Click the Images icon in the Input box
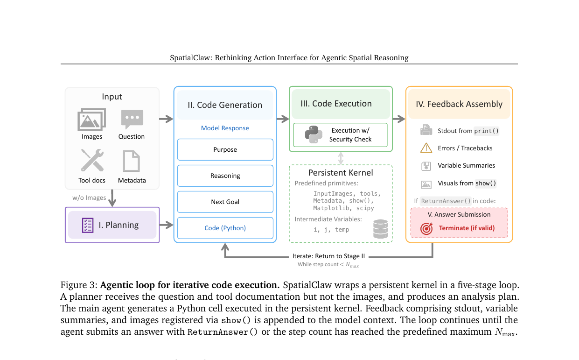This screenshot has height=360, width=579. point(92,119)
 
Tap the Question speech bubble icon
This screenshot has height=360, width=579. point(132,119)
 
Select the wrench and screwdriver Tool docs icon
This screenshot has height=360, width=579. point(92,160)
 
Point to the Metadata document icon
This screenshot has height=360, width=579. point(131,161)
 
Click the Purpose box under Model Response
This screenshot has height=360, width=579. point(225,149)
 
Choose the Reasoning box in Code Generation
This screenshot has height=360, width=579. point(225,176)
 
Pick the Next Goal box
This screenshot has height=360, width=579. point(225,202)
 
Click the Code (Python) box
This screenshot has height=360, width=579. point(225,228)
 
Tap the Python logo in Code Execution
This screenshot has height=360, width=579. point(314,134)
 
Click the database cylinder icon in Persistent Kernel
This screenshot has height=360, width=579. point(381,229)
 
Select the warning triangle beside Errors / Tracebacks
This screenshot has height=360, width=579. point(426,148)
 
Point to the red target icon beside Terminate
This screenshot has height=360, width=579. point(426,228)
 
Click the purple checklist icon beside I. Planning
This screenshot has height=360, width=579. point(88,225)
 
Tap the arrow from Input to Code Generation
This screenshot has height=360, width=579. point(166,119)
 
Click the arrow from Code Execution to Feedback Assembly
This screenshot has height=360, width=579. point(399,119)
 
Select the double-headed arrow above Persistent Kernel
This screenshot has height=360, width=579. point(341,158)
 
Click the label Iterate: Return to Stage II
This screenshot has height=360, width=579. point(328,256)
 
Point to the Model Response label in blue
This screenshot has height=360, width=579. point(225,128)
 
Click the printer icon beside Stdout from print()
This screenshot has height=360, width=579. point(426,130)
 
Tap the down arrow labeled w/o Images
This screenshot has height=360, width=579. point(112,198)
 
